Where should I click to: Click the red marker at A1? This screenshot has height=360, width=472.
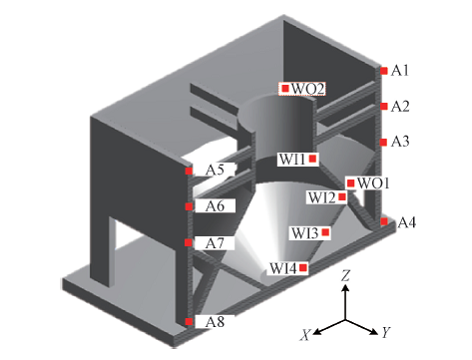384,71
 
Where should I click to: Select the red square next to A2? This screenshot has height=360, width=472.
384,106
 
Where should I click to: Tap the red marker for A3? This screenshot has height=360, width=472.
384,142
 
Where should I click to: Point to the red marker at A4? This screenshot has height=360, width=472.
384,221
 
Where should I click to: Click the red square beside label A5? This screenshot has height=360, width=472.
189,171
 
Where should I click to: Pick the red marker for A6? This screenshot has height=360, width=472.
189,207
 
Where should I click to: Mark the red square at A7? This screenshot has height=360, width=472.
188,242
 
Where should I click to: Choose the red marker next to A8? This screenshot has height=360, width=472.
189,321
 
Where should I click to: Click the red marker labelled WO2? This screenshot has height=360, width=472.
285,89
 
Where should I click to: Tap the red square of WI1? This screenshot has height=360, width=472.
312,159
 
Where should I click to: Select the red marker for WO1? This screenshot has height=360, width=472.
351,183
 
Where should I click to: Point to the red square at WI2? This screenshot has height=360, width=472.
342,197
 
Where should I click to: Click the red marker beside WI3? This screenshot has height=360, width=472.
326,232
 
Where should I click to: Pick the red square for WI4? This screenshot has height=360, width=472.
303,267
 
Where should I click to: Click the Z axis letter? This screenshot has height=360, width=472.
346,276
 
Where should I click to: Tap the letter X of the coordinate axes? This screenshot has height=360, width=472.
305,335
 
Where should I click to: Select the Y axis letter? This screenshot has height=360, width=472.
386,332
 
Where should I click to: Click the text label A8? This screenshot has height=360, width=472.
215,322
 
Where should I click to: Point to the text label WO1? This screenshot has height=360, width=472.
373,183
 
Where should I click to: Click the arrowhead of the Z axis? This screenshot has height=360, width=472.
346,288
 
